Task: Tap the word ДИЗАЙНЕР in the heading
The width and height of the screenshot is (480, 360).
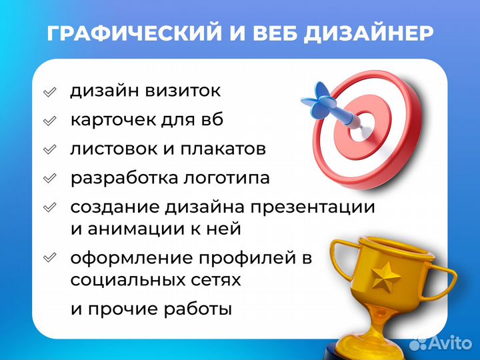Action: pos(369,34)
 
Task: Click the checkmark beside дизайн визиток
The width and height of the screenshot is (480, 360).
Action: pos(49,92)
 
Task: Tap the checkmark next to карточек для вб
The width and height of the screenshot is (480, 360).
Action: pos(49,121)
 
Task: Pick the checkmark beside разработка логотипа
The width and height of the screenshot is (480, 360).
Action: pos(49,179)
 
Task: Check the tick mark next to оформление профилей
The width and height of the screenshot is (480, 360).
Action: pos(49,258)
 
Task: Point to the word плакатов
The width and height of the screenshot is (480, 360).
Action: pos(223,149)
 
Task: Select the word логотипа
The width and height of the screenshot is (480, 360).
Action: pos(226,178)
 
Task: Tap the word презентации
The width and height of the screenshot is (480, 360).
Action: pos(313,207)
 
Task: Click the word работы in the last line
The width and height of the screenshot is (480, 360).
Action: pos(197,309)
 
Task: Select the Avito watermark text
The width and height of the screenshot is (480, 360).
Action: pos(450,343)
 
